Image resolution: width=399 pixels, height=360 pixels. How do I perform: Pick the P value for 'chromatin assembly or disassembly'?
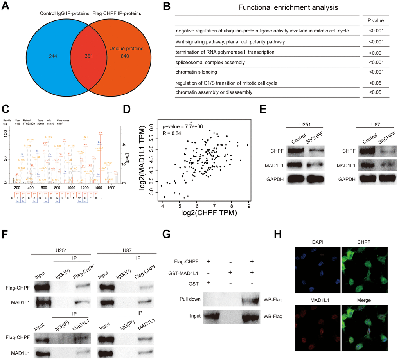[x=371, y=92]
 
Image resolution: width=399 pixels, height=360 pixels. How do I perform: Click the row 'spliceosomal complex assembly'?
[x=210, y=62]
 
